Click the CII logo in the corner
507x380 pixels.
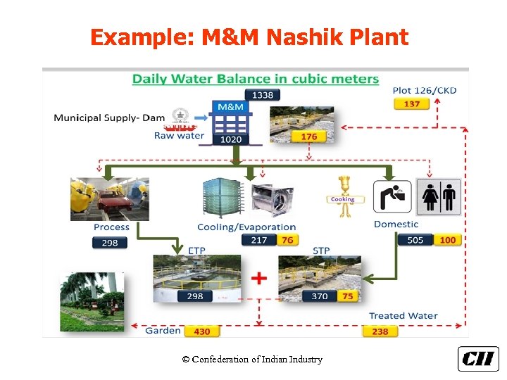click(x=478, y=359)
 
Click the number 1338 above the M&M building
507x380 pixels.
click(x=262, y=95)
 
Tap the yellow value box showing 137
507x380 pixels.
click(x=412, y=104)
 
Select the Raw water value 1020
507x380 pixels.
click(x=230, y=139)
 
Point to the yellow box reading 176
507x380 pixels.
click(x=308, y=137)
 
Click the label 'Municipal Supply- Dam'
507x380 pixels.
click(x=109, y=118)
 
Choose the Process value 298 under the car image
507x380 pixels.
click(x=109, y=243)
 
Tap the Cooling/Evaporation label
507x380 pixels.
click(x=246, y=227)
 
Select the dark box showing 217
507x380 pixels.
click(x=258, y=240)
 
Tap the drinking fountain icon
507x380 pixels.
click(x=392, y=196)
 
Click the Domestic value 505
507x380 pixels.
click(x=415, y=240)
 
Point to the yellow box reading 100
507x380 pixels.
click(x=447, y=240)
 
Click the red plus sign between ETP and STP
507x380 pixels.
click(x=259, y=279)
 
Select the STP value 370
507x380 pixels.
click(x=320, y=296)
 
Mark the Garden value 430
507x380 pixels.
click(x=201, y=331)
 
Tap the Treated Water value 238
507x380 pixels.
click(x=380, y=331)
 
